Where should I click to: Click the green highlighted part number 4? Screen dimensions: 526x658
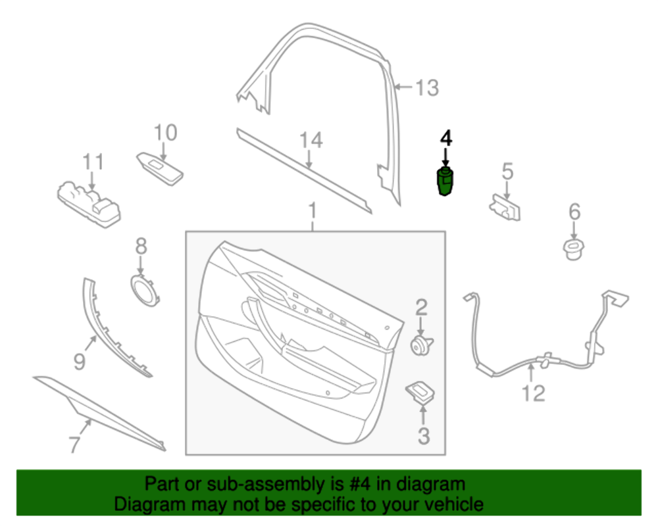(445, 181)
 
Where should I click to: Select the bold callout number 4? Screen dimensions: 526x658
(446, 139)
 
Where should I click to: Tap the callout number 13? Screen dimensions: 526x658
(427, 87)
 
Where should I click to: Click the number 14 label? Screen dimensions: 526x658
(312, 140)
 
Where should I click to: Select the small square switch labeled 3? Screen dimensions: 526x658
(419, 391)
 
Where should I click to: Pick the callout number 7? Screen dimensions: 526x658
(74, 444)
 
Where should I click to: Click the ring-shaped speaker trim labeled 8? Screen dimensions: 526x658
(143, 289)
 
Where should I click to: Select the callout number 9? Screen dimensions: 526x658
(79, 361)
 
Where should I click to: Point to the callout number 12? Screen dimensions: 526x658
(534, 393)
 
